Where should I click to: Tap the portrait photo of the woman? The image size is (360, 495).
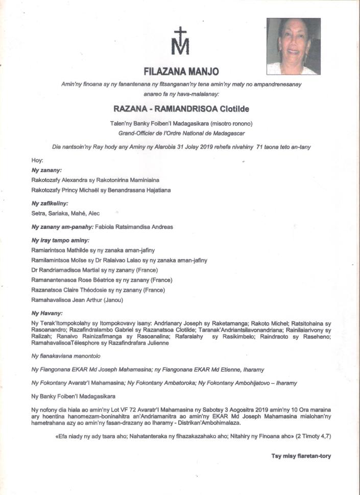[x=294, y=46]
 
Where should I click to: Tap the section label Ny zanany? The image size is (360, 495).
[x=46, y=170]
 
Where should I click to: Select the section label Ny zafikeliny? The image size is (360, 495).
[x=50, y=203]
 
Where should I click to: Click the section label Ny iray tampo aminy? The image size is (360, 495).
[x=60, y=240]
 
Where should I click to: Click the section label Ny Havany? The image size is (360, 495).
[x=47, y=313]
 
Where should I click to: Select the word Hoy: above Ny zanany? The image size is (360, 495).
[x=37, y=160]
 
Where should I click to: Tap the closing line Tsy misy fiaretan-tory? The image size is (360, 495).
[x=301, y=456]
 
